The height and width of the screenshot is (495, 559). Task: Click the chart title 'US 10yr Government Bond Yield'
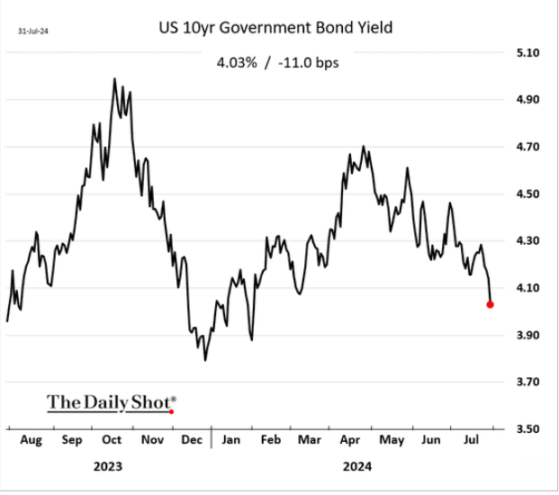click(275, 29)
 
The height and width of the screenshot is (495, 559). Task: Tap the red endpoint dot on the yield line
click(490, 304)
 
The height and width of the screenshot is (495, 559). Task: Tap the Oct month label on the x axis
click(112, 441)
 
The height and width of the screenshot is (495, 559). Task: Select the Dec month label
click(191, 441)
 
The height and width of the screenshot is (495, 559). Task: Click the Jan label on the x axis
click(231, 441)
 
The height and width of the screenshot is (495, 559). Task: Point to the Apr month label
click(351, 441)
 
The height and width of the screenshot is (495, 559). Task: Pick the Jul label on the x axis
click(469, 441)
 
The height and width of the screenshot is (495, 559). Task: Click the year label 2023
click(107, 467)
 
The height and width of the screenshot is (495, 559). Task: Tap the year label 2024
click(356, 467)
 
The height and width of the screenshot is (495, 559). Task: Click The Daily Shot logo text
click(112, 401)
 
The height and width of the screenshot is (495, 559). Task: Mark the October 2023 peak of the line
click(114, 79)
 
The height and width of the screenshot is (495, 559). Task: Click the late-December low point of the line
click(205, 360)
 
